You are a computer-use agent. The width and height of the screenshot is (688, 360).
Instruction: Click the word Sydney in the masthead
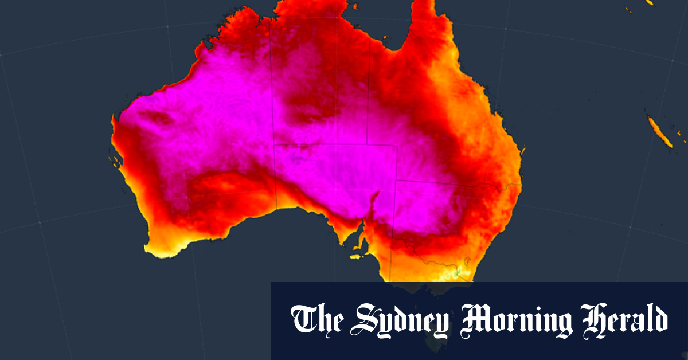pos(396,320)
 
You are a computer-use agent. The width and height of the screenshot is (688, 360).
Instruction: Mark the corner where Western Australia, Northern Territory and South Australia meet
pos(275,144)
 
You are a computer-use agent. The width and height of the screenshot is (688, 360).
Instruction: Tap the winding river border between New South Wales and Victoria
pos(436,256)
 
